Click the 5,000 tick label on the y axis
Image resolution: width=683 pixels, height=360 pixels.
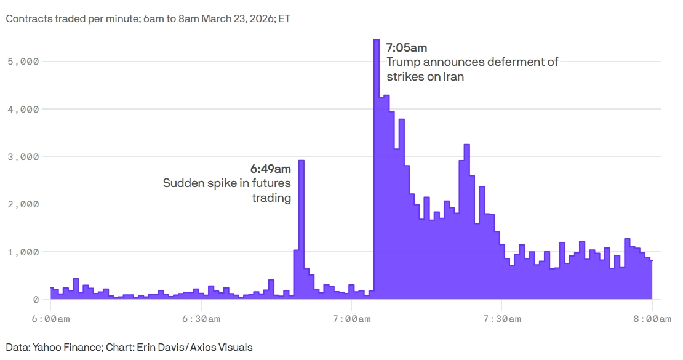point(23,62)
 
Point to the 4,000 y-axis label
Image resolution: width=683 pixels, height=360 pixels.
point(23,110)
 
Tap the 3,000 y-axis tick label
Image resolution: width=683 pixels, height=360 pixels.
point(23,157)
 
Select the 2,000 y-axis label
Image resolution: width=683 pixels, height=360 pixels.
point(23,204)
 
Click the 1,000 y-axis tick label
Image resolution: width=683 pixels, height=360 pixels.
point(23,252)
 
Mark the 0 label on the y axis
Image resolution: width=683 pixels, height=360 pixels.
point(36,299)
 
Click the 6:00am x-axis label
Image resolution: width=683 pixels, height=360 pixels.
point(50,318)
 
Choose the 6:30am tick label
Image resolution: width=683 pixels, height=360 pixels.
point(201,318)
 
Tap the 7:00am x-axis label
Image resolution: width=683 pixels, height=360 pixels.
point(351,318)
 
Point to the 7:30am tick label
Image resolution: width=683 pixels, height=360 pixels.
point(502,318)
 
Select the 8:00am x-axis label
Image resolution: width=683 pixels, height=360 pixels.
point(652,318)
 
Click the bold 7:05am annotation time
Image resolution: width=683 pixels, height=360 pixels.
point(406,47)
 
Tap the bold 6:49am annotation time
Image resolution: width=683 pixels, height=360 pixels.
point(270,168)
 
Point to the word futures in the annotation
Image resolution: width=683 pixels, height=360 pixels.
point(271,183)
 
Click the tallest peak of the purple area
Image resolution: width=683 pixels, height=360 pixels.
point(376,41)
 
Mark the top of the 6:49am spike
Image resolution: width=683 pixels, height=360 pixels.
point(301,161)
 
